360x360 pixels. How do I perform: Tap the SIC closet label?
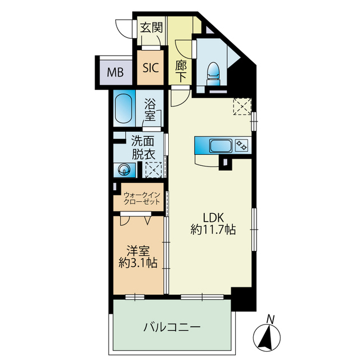tap(150, 68)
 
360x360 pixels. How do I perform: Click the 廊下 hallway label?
tap(181, 71)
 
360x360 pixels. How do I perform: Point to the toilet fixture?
tap(213, 72)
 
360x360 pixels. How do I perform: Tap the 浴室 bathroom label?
tap(150, 109)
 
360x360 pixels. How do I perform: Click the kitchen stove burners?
tap(242, 146)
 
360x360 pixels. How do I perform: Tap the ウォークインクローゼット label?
tap(141, 198)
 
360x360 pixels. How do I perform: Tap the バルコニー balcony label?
tap(172, 326)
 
